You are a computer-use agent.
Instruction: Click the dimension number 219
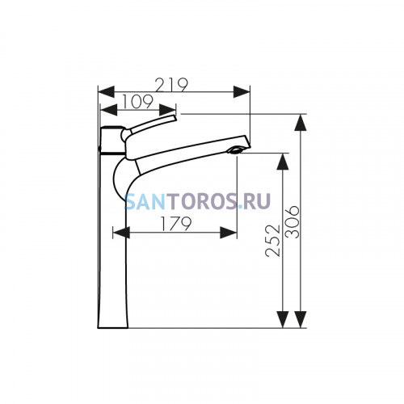172,85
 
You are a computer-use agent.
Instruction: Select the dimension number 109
137,102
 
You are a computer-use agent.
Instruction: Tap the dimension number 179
176,224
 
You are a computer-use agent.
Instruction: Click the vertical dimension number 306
292,222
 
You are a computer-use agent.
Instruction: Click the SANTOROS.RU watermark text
197,201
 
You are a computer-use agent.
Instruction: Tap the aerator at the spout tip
236,149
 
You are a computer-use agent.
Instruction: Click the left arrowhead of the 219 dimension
106,92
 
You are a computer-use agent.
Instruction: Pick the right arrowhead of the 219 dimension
242,92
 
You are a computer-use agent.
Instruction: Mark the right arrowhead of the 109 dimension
167,110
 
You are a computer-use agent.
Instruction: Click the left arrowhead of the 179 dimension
121,233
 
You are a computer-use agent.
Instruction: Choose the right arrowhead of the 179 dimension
229,233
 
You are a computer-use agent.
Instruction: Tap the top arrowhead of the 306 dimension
301,123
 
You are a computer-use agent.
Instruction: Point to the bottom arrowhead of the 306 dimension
301,319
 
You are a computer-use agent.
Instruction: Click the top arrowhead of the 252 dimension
283,162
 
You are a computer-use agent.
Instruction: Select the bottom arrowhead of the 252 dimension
283,319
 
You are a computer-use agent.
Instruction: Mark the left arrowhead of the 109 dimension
108,110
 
